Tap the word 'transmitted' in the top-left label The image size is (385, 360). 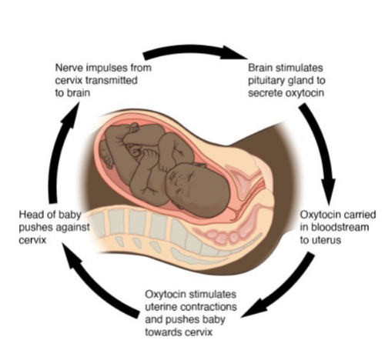coord(111,81)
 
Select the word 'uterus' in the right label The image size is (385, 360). coord(326,241)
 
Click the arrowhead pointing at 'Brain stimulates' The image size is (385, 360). coord(234,53)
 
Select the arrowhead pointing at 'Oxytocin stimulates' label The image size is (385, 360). coord(253,308)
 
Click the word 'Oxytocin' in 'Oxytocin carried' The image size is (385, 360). coord(316,215)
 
